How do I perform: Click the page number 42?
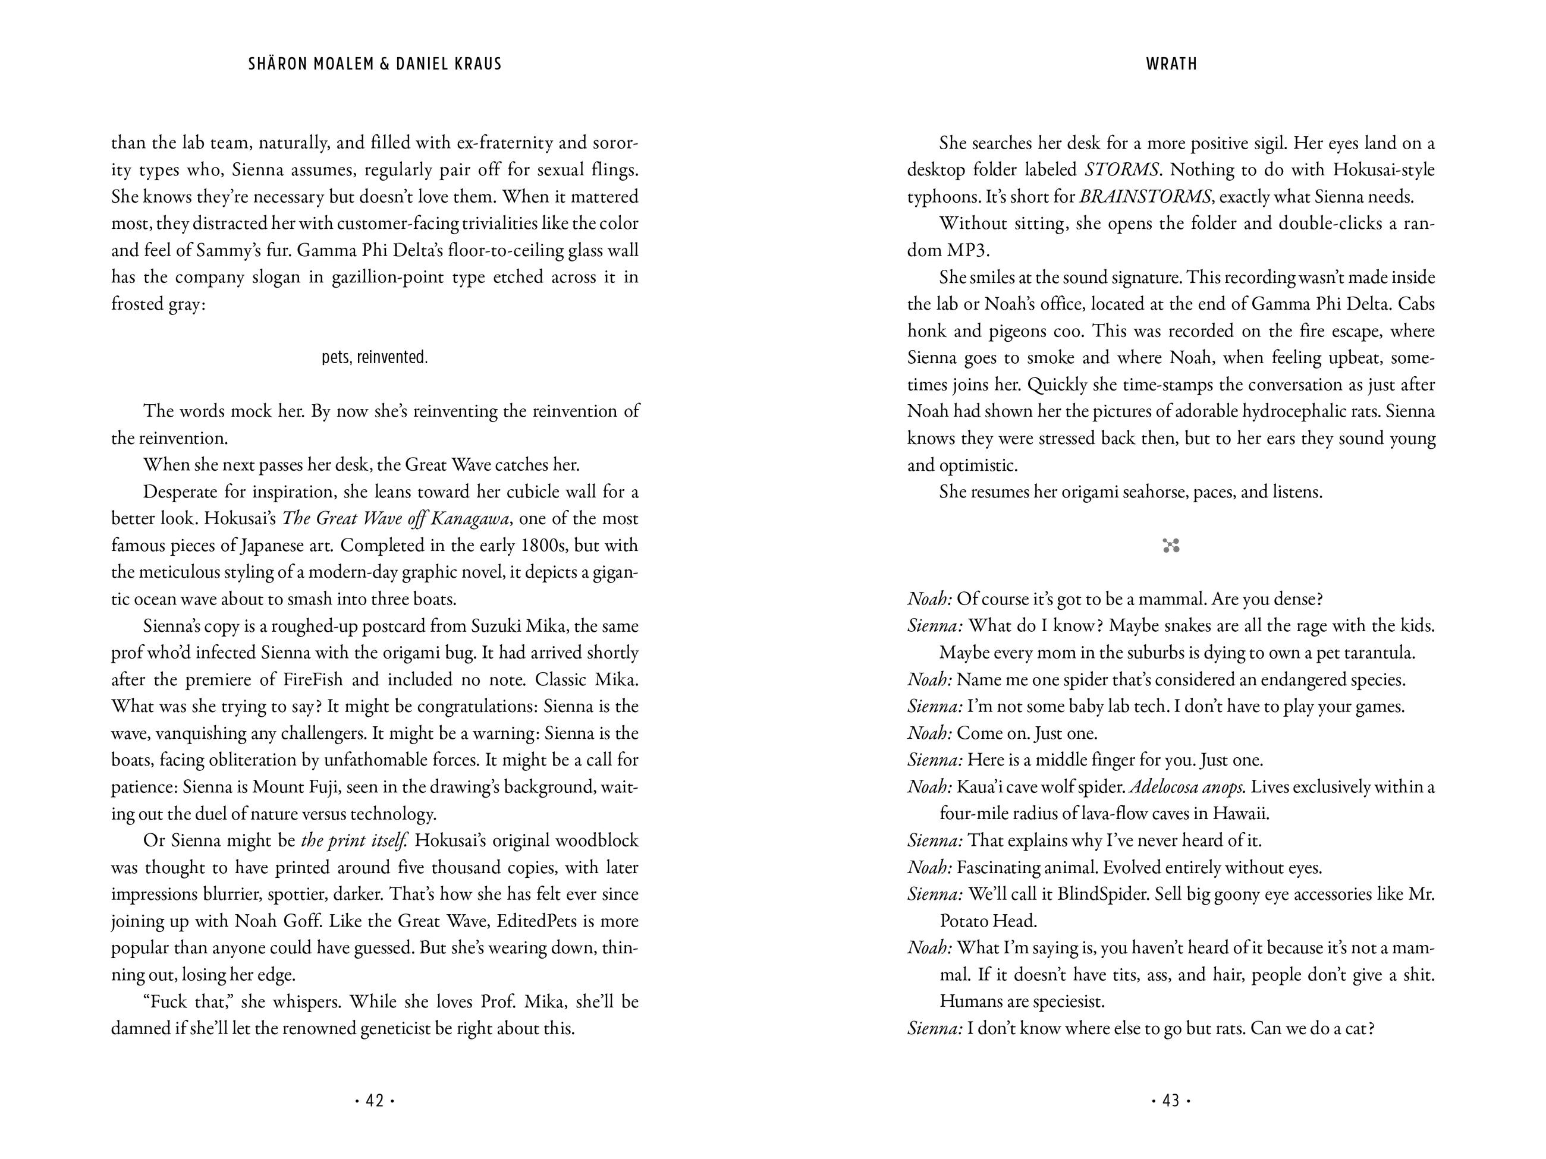(375, 1100)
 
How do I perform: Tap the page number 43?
(1171, 1100)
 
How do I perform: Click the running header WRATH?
(1171, 64)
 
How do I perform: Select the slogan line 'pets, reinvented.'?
(375, 358)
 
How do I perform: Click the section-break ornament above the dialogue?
(1171, 546)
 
